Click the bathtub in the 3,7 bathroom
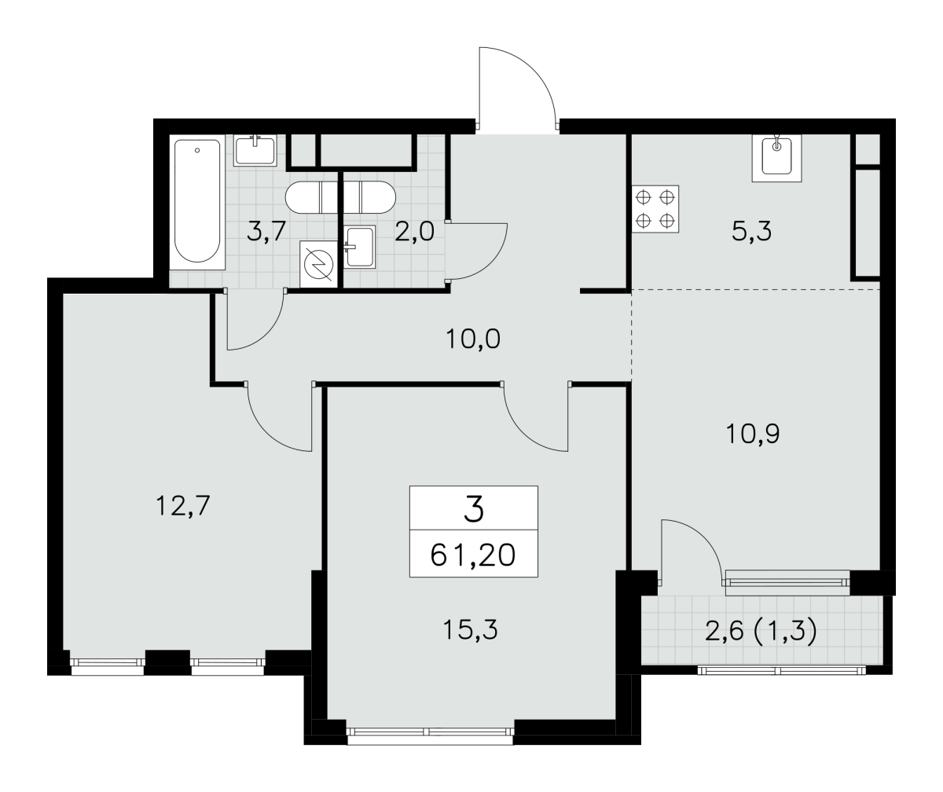[197, 202]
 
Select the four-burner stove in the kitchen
[655, 209]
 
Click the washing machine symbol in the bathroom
[318, 264]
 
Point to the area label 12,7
[183, 506]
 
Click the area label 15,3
[470, 630]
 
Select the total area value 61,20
[473, 555]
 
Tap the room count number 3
[474, 509]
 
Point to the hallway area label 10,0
[473, 339]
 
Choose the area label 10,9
[753, 434]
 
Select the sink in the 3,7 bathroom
[255, 150]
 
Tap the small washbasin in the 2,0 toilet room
[360, 247]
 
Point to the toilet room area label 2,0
[414, 232]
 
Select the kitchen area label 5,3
[751, 232]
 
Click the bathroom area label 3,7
[266, 231]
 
